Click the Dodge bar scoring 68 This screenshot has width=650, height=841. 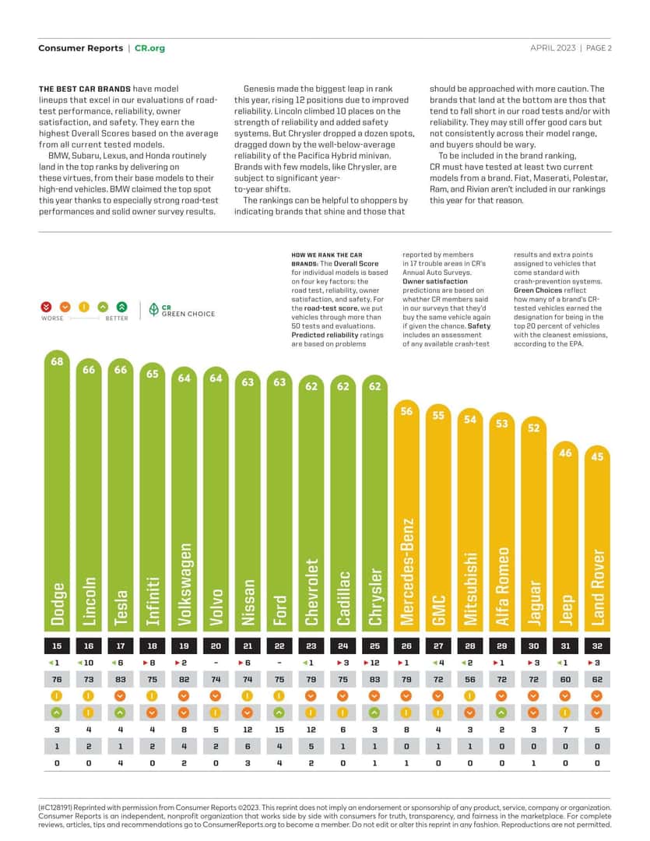tap(57, 491)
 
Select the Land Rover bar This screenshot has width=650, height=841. tap(597, 538)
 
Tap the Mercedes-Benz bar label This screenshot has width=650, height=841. tap(407, 572)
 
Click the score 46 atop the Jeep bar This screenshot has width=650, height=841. tap(565, 453)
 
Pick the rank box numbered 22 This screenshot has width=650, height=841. tap(279, 646)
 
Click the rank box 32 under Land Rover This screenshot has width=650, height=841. tap(597, 646)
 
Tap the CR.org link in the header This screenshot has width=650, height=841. tap(149, 48)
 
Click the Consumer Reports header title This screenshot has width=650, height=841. tap(80, 48)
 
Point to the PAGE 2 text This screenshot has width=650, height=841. tap(599, 48)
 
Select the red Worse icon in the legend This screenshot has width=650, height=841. tap(46, 307)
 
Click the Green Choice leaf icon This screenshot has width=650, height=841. tap(154, 309)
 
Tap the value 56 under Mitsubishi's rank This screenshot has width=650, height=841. tap(470, 680)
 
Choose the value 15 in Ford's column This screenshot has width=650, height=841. tap(279, 730)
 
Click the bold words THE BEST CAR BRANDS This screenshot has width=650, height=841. tap(85, 89)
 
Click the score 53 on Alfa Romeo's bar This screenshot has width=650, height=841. tap(501, 424)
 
